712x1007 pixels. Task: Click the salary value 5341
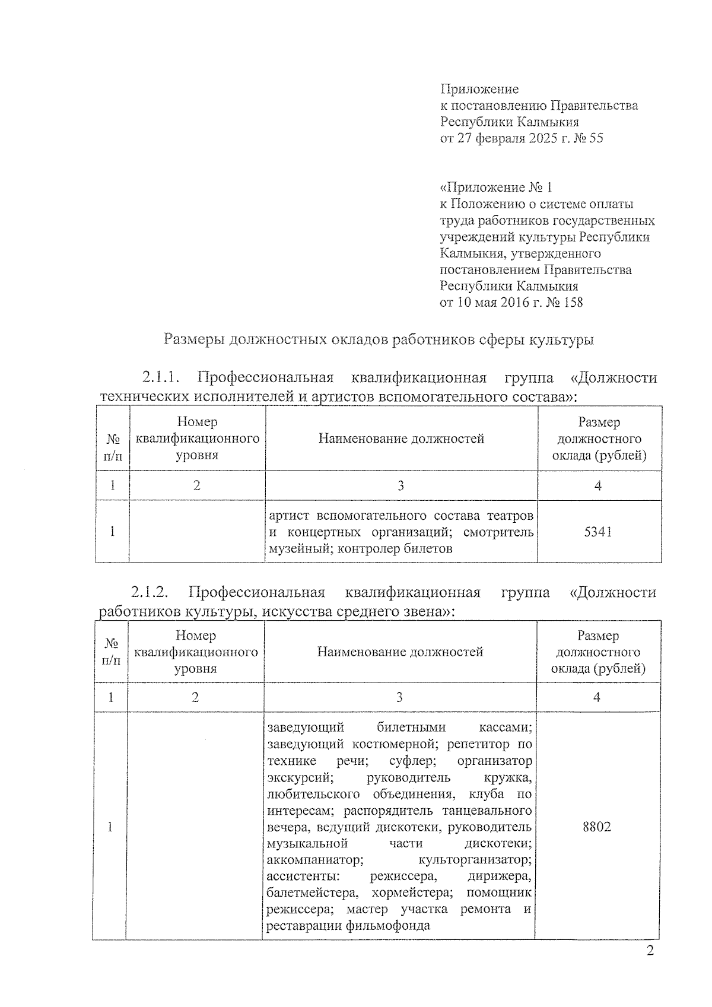(597, 532)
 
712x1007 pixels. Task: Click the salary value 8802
(596, 827)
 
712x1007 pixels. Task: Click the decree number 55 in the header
(596, 139)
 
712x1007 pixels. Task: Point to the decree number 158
(571, 303)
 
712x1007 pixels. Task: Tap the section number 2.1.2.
(150, 592)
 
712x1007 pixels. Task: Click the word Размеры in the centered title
(194, 340)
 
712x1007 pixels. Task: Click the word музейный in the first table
(300, 549)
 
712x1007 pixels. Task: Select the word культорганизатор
(475, 860)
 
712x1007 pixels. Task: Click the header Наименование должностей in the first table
(401, 439)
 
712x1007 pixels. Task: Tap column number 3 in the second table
(399, 697)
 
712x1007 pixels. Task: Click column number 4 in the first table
(598, 486)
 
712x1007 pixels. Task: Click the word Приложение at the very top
(479, 90)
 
